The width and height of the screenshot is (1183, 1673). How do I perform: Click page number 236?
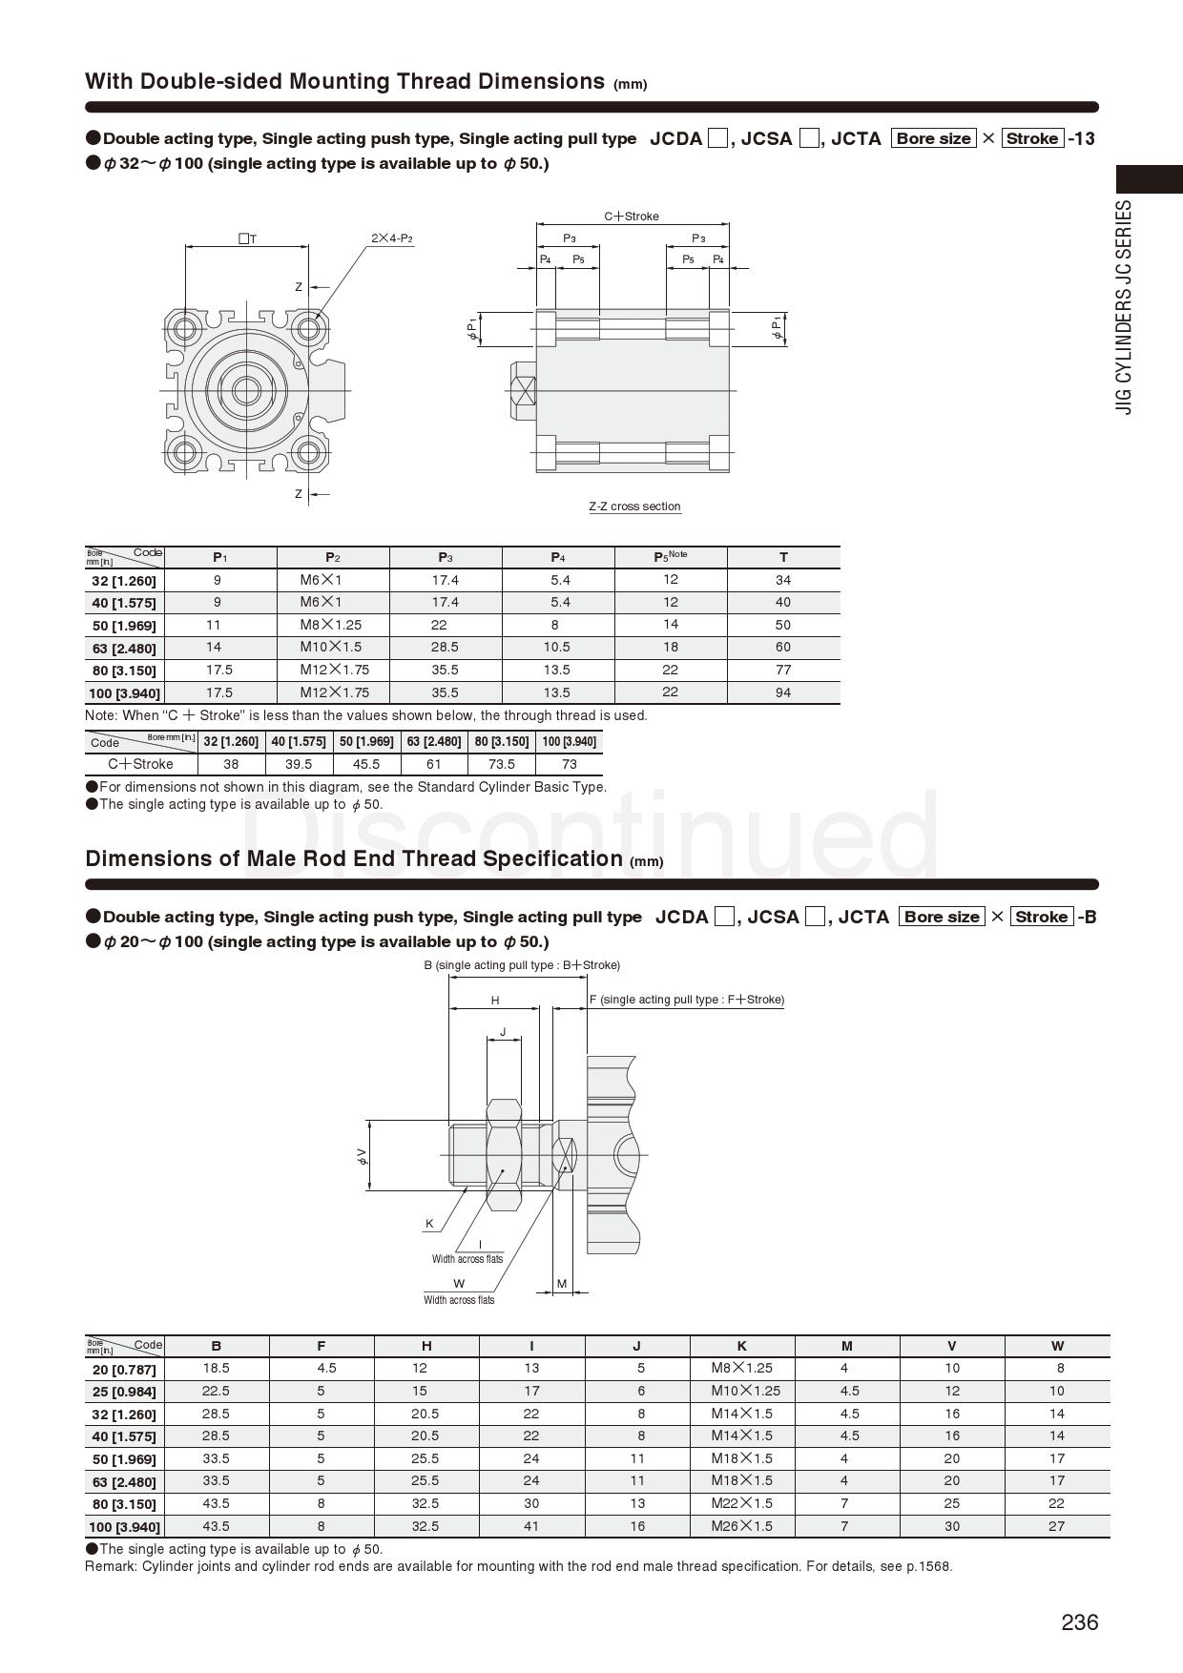coord(1079,1621)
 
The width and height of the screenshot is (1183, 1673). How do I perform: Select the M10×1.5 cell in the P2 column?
coord(331,647)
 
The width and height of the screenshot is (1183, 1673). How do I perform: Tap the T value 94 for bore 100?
coord(782,692)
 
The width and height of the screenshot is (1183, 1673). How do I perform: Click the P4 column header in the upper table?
coord(558,557)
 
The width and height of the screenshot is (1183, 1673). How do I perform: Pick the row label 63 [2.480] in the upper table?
coord(124,649)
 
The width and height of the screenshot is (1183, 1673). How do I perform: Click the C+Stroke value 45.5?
coord(366,764)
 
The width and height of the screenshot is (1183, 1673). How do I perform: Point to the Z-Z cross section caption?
coord(634,506)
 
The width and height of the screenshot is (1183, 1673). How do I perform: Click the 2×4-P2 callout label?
coord(392,238)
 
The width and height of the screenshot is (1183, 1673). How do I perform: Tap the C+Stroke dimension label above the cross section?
coord(632,217)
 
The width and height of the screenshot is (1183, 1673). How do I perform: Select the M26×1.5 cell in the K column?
coord(741,1526)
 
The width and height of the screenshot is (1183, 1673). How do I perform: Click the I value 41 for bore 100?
coord(531,1526)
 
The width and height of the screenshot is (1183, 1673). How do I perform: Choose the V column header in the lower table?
coord(951,1346)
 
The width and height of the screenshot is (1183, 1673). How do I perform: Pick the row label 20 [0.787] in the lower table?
coord(124,1370)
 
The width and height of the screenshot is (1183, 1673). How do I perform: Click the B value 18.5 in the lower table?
coord(217,1368)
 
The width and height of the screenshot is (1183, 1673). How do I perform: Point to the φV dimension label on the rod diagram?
coord(362,1156)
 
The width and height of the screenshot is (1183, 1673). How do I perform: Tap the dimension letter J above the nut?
coord(503,1032)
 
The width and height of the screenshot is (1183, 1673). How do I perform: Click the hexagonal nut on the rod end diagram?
coord(504,1154)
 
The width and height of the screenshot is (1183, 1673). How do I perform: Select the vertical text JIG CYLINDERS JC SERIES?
coord(1126,307)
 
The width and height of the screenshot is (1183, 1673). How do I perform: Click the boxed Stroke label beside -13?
coord(1032,138)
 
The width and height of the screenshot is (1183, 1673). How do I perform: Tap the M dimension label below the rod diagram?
coord(562,1284)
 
